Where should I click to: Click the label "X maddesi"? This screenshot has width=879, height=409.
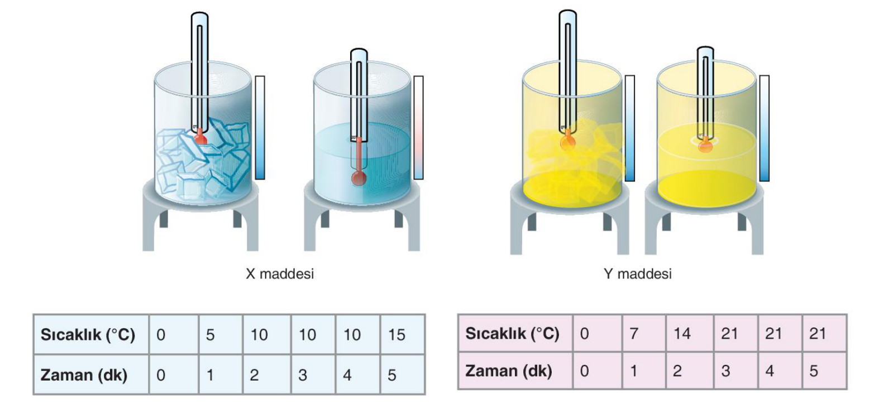(280, 274)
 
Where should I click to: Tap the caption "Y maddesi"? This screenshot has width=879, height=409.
(638, 274)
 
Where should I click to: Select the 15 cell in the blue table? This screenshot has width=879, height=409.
(403, 334)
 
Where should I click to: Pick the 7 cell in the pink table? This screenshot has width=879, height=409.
(644, 333)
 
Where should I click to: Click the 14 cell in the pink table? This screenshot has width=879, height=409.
(690, 333)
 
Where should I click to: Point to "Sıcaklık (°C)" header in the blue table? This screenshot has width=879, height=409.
(91, 334)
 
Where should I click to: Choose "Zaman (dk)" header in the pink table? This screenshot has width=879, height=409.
(515, 370)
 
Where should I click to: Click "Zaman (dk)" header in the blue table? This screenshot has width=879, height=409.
(91, 375)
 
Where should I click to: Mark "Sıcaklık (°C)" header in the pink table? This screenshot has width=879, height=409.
(515, 333)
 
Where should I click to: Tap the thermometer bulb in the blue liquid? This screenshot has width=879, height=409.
(359, 179)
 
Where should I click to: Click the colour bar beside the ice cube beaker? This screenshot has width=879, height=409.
(260, 128)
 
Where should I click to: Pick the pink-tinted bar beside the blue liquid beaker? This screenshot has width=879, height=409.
(418, 128)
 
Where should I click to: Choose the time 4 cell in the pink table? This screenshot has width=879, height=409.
(780, 370)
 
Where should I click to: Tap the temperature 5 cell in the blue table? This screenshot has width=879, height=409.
(221, 334)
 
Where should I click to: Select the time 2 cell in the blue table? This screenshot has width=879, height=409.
(267, 375)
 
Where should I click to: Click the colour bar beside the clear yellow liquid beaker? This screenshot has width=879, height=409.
(765, 128)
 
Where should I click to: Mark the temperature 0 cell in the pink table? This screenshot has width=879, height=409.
(598, 333)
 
